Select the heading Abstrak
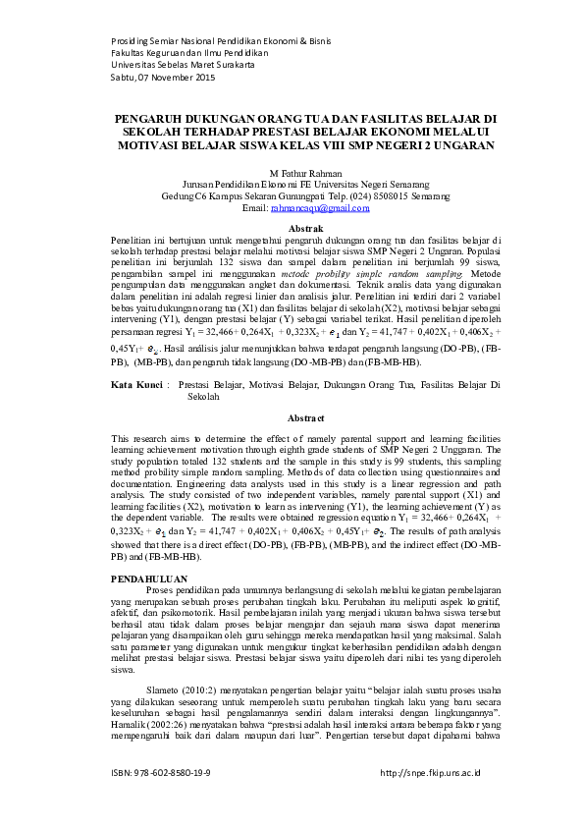tap(292, 229)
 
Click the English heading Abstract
tap(292, 416)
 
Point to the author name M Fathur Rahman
tap(292, 172)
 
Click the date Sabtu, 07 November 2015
tap(163, 77)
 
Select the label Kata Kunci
tap(135, 388)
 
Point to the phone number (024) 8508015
tap(356, 195)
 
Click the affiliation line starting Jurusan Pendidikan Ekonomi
tap(292, 184)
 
